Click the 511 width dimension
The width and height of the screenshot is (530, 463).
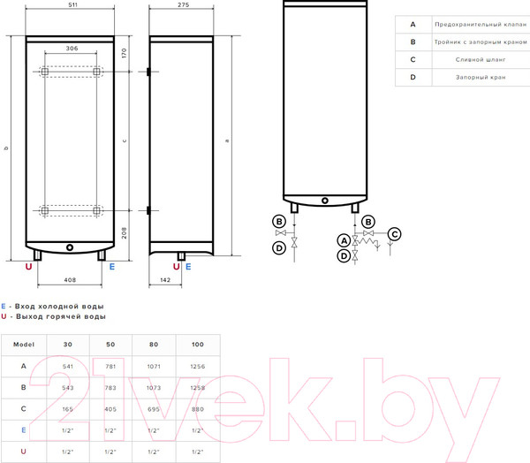[x=72, y=4]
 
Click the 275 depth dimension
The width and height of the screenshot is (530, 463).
[x=184, y=4]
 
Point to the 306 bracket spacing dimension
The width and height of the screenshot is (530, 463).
[x=72, y=49]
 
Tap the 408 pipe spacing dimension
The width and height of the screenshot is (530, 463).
[x=70, y=280]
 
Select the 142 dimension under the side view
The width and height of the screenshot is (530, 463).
[x=165, y=280]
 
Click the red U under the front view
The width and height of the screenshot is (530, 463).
[x=29, y=267]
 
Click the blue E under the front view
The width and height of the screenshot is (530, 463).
[x=112, y=267]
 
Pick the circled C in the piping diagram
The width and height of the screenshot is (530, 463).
[x=394, y=234]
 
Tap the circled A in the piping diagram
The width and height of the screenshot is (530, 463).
[x=344, y=241]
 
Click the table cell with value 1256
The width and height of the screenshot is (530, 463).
[x=198, y=367]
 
